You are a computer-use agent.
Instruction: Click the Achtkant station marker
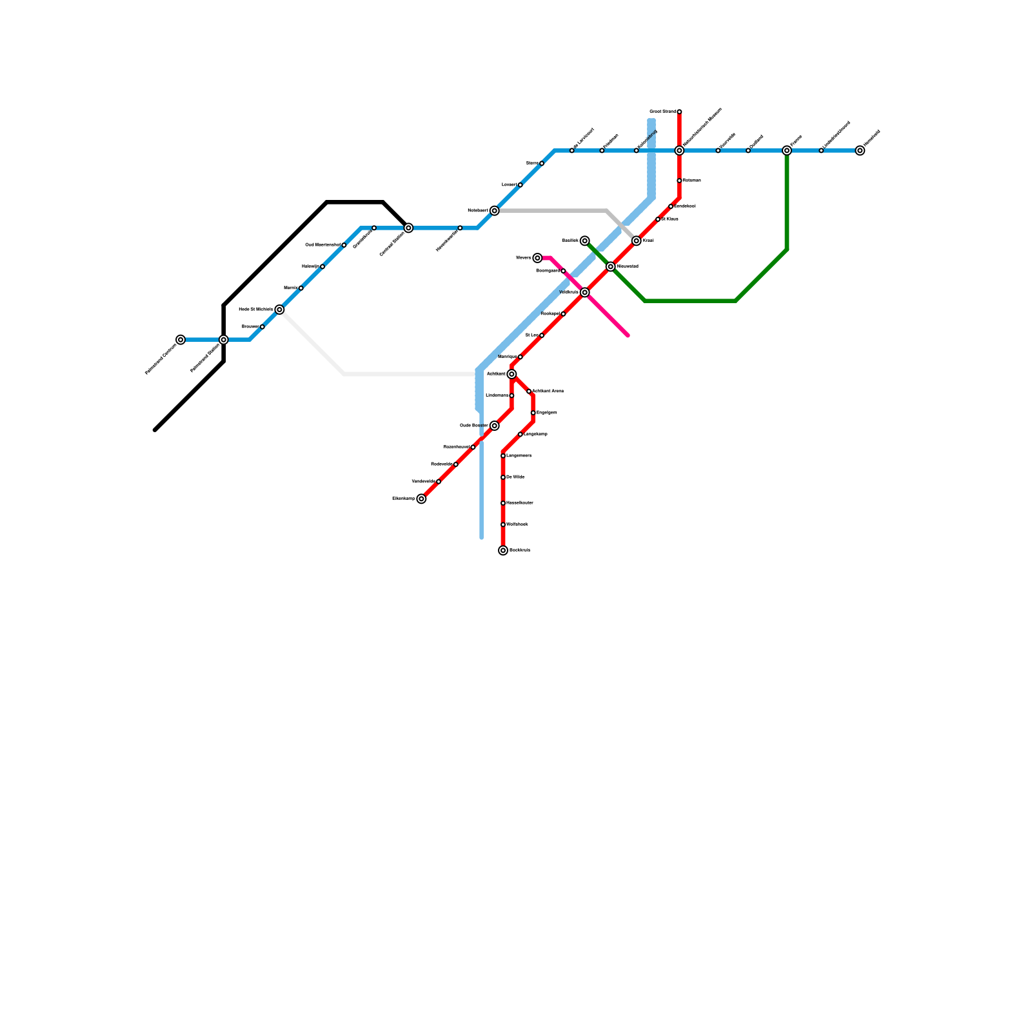[x=511, y=374]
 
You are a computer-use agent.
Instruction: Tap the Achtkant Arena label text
[x=548, y=391]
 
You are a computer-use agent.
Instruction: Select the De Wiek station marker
[x=503, y=477]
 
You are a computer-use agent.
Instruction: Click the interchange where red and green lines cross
[x=610, y=266]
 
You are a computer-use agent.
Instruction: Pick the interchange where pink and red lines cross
[x=584, y=292]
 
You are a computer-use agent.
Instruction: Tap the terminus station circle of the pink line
[x=537, y=258]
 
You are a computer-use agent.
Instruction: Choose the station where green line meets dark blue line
[x=787, y=150]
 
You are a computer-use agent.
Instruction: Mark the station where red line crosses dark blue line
[x=679, y=150]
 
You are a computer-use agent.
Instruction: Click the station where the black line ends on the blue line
[x=408, y=228]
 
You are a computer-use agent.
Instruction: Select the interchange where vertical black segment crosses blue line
[x=223, y=339]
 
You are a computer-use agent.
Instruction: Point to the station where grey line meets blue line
[x=494, y=211]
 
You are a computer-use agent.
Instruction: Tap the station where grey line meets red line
[x=637, y=241]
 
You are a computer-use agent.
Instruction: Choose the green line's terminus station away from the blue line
[x=584, y=241]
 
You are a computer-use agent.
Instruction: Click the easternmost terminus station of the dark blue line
[x=860, y=150]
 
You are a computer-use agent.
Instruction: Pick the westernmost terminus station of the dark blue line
[x=181, y=339]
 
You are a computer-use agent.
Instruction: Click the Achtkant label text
[x=495, y=374]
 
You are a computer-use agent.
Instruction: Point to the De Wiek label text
[x=515, y=477]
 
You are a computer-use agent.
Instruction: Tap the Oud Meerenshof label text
[x=322, y=245]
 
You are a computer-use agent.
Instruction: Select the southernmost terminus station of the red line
[x=503, y=550]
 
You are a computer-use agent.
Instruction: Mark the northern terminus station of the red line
[x=679, y=112]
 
